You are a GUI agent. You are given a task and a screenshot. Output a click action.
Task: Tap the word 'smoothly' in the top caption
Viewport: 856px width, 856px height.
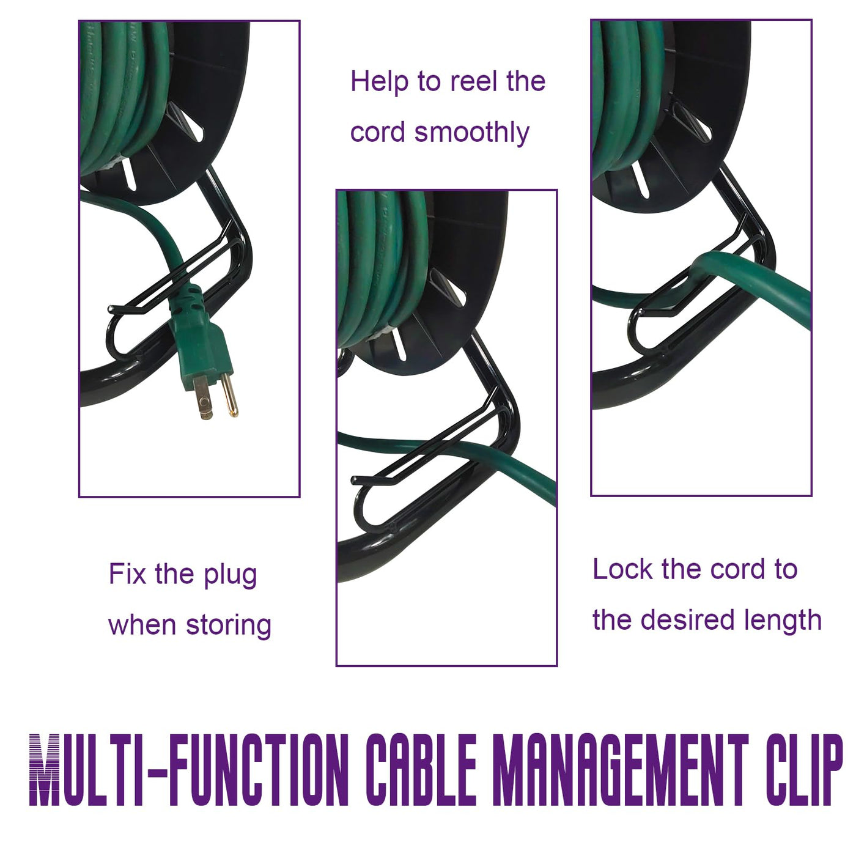pyautogui.click(x=472, y=133)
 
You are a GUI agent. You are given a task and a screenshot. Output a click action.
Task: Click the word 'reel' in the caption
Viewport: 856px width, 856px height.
pyautogui.click(x=472, y=82)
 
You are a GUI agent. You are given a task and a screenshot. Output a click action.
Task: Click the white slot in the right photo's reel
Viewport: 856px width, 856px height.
pyautogui.click(x=641, y=180)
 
